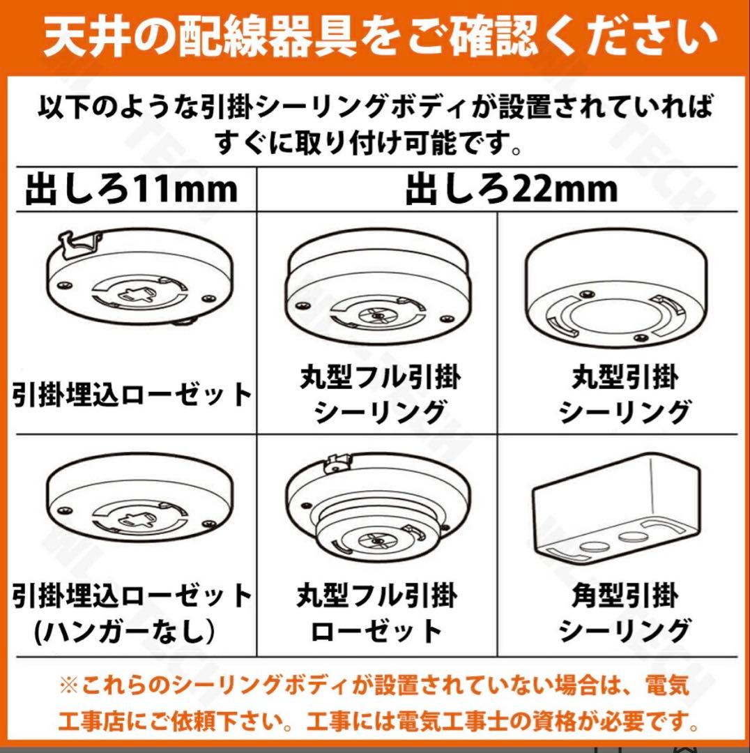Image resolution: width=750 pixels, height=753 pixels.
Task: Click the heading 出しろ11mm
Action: click(x=131, y=189)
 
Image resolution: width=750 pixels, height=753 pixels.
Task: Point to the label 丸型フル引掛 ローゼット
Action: click(x=377, y=614)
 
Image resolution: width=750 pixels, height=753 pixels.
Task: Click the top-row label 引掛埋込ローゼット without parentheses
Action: click(x=132, y=395)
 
